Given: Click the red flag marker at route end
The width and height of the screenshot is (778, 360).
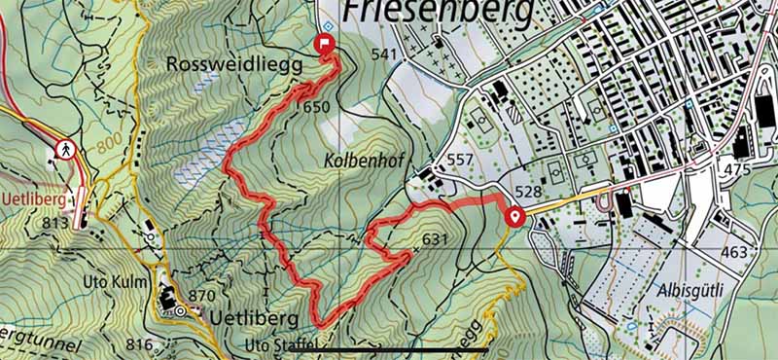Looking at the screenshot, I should pyautogui.click(x=324, y=43).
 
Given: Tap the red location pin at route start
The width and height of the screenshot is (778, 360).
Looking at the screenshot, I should pyautogui.click(x=514, y=216).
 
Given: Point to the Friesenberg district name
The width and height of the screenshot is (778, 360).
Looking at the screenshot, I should pyautogui.click(x=438, y=13).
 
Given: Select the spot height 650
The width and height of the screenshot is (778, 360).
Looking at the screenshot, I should pyautogui.click(x=317, y=108).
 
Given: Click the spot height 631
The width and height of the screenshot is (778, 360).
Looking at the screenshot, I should pyautogui.click(x=434, y=239).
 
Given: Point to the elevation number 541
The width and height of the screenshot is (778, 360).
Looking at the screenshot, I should pyautogui.click(x=385, y=54).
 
